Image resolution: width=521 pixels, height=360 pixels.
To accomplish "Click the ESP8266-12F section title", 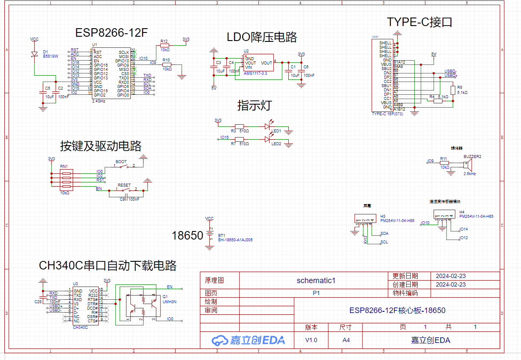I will pyautogui.click(x=111, y=33).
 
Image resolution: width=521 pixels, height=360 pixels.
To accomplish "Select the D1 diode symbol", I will pyautogui.click(x=35, y=54).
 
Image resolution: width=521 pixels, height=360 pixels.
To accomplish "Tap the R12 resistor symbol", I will pyautogui.click(x=164, y=45).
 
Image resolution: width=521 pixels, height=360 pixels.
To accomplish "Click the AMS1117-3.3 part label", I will pyautogui.click(x=255, y=73).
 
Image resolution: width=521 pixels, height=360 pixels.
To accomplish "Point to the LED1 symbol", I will pyautogui.click(x=268, y=126).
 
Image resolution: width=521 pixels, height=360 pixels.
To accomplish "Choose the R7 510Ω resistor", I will pyautogui.click(x=240, y=139).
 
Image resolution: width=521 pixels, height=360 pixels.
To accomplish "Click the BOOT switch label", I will pyautogui.click(x=121, y=162).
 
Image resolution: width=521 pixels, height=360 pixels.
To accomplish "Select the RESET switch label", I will pyautogui.click(x=124, y=185).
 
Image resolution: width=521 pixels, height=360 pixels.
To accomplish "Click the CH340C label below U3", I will pyautogui.click(x=80, y=328).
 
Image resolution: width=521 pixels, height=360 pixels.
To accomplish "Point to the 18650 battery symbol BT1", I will pyautogui.click(x=210, y=236).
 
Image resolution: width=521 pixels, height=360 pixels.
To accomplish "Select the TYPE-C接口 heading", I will pyautogui.click(x=419, y=22).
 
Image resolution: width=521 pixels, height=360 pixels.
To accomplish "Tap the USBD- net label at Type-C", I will pyautogui.click(x=451, y=71).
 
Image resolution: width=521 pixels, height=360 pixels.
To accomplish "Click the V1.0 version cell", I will pyautogui.click(x=311, y=340).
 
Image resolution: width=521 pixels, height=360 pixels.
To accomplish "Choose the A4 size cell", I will pyautogui.click(x=345, y=340).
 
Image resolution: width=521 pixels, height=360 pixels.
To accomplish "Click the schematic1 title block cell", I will pyautogui.click(x=316, y=281).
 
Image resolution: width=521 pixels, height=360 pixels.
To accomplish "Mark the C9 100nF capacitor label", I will pyautogui.click(x=129, y=199).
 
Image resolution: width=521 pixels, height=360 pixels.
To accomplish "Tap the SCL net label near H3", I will pyautogui.click(x=384, y=242).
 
